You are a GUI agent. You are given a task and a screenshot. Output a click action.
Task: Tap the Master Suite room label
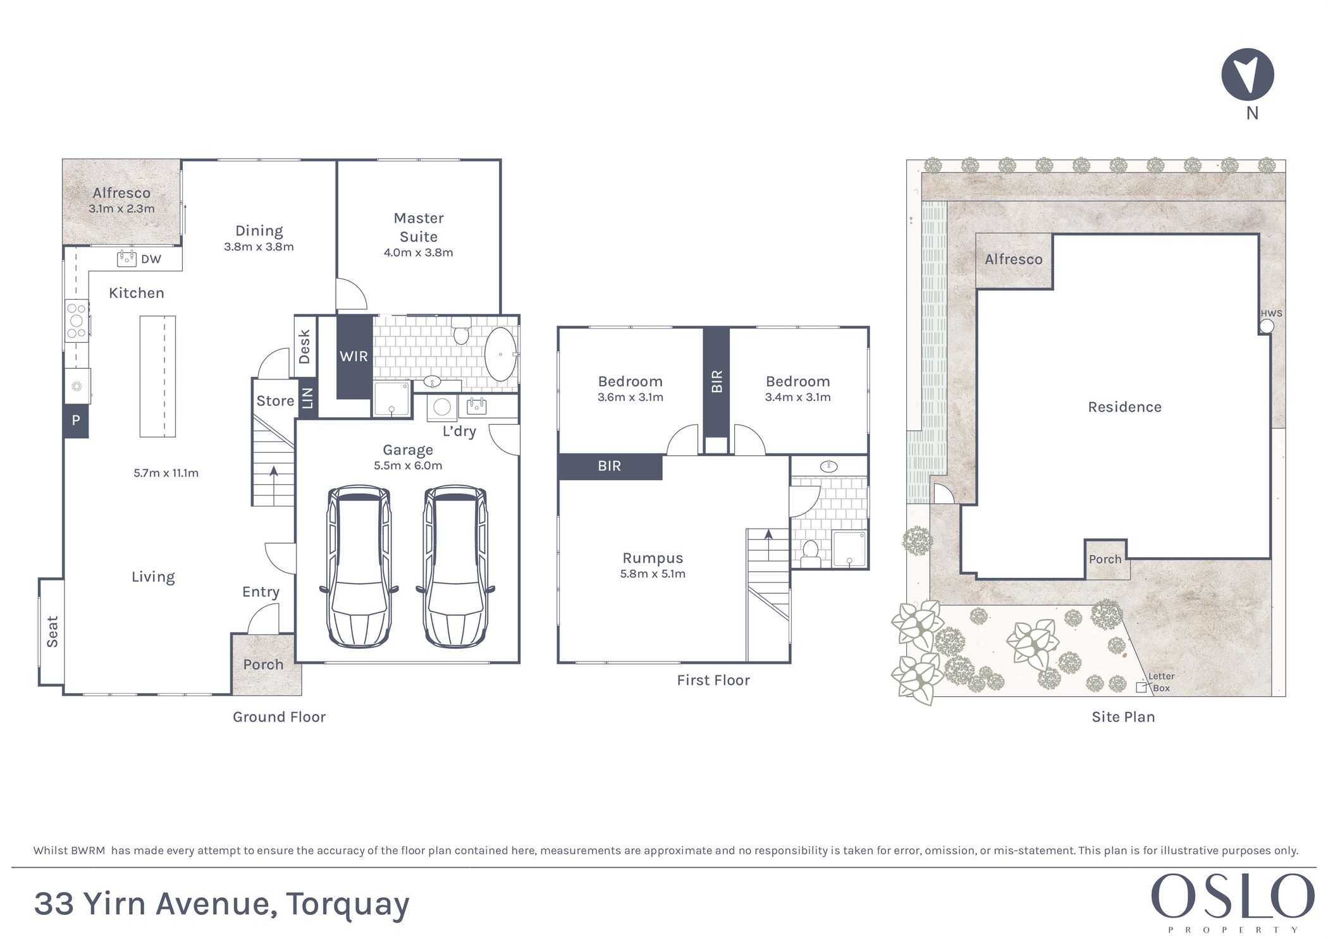coord(419,227)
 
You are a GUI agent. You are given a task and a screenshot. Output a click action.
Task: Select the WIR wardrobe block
coord(354,357)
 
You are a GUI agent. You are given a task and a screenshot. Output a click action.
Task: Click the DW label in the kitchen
coord(151,259)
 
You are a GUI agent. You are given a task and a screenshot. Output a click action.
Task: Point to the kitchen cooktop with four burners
coord(77,321)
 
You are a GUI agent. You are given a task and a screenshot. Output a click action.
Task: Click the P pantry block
coord(75,420)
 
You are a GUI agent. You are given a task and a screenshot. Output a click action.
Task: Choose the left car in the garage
coord(359,567)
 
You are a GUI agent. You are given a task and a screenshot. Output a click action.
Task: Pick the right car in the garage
coord(455,567)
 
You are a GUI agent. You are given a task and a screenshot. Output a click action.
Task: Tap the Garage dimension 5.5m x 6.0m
coord(408,466)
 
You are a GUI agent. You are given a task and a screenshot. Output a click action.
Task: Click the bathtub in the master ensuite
coord(500,354)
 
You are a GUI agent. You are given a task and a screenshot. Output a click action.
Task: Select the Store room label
coord(275,401)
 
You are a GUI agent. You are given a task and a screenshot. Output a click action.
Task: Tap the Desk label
coord(305,347)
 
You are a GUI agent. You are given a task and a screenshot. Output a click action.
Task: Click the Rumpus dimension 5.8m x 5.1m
coord(653,574)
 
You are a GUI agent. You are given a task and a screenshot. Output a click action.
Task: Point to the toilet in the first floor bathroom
coord(811,554)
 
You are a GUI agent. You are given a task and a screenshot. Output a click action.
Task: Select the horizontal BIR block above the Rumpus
coord(610,467)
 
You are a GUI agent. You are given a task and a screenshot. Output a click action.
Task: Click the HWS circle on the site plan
coord(1267,326)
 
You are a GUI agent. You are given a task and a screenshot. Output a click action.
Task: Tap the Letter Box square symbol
coord(1141,687)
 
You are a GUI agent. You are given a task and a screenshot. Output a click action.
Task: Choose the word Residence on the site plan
coord(1125,407)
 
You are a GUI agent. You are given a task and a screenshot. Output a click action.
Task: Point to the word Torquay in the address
coord(348,905)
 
